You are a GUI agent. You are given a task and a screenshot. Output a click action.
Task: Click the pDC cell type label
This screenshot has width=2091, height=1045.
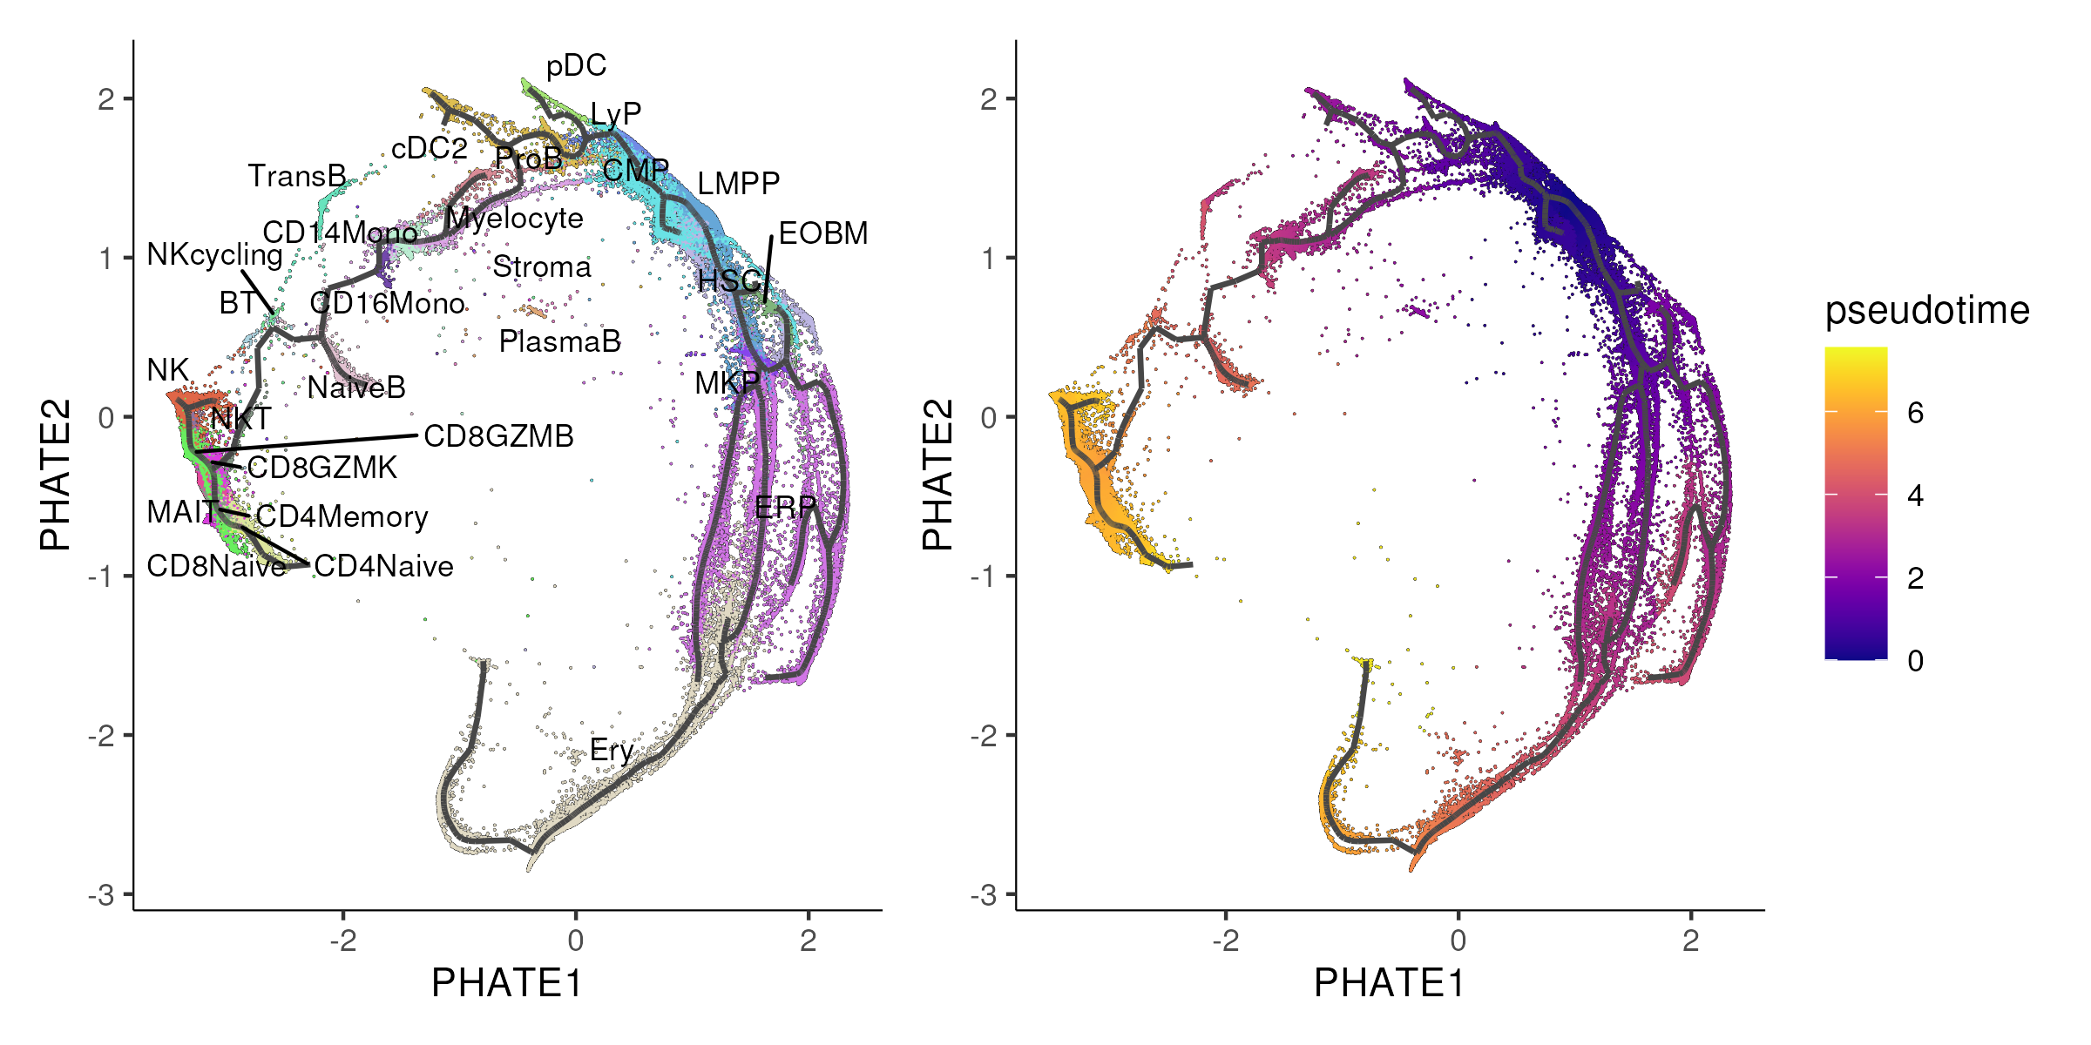pos(576,66)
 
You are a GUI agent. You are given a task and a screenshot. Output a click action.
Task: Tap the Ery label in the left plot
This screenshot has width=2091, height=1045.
pos(611,750)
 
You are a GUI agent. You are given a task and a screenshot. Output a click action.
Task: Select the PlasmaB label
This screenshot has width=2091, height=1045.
pos(559,341)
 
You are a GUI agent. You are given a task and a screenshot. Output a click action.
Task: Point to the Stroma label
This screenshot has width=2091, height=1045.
pos(542,266)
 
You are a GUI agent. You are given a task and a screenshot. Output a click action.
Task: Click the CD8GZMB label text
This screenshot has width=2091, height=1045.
pos(498,436)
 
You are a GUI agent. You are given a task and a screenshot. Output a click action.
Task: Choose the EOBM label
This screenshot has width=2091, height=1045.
pos(822,233)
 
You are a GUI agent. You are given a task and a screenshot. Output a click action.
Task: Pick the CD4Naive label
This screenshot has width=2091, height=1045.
pos(383,566)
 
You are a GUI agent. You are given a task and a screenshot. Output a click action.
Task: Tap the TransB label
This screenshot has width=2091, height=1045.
pos(297,176)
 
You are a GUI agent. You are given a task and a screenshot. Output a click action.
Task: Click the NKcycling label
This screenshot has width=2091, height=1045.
pos(214,254)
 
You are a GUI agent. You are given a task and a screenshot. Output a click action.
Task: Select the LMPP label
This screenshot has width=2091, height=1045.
pos(738,184)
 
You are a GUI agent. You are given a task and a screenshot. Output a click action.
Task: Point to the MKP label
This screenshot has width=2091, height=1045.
pos(727,382)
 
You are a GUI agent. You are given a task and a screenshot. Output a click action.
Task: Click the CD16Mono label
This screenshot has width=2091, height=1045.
pos(388,303)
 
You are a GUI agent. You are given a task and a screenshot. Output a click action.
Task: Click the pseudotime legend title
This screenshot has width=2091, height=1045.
pos(1927,311)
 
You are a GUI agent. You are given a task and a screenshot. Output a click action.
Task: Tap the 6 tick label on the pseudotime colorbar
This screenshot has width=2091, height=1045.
pos(1915,413)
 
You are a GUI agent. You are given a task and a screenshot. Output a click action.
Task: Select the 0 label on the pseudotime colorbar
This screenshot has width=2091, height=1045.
pos(1915,661)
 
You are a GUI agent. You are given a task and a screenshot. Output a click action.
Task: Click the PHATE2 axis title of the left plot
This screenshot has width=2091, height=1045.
pos(55,475)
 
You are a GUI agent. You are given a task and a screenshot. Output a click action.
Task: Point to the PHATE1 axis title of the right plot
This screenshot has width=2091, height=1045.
pos(1389,983)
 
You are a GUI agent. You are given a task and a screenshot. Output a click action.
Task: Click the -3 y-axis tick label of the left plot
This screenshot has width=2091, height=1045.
pos(101,895)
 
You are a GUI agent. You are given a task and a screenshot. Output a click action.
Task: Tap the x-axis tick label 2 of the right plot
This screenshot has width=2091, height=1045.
pos(1690,940)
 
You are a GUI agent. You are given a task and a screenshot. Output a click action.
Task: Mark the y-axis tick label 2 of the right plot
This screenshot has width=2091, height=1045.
pos(987,99)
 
